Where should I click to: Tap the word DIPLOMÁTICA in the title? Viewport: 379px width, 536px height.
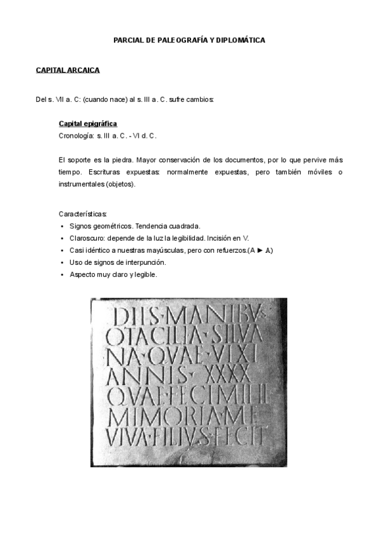click(x=240, y=40)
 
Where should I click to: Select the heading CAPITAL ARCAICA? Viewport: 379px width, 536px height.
click(x=68, y=70)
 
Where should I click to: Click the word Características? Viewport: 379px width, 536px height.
click(x=83, y=214)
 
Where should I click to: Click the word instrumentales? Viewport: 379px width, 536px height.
click(x=82, y=184)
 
